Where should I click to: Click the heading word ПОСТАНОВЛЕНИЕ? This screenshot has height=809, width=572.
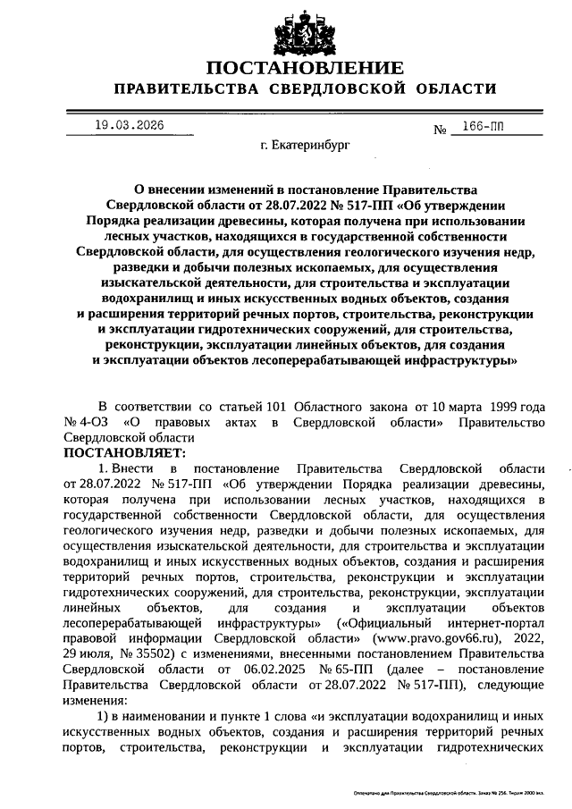coord(304,69)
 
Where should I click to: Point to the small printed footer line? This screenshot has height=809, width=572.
coord(454,793)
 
